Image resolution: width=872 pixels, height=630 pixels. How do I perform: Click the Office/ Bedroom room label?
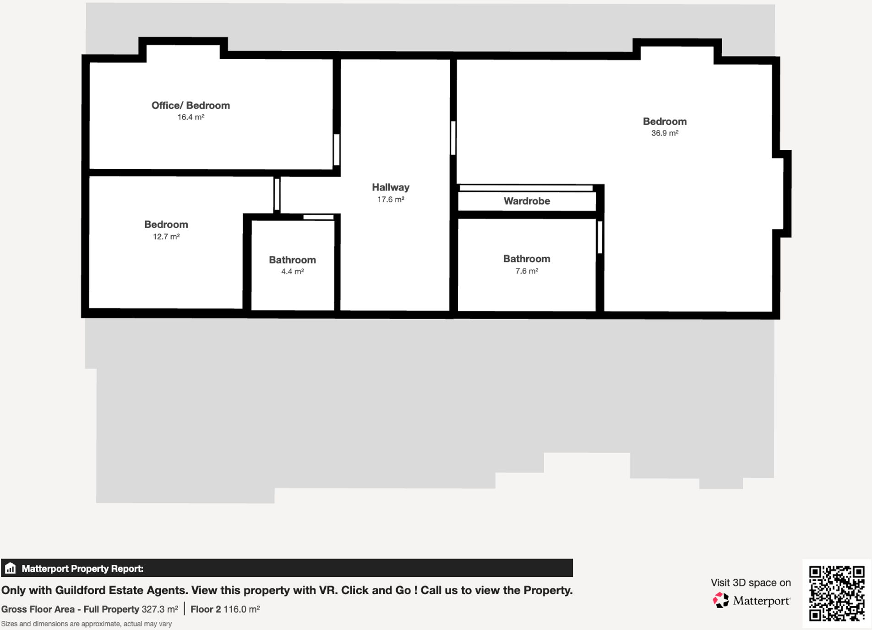[191, 105]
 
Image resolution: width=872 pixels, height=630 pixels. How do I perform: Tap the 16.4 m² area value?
[191, 117]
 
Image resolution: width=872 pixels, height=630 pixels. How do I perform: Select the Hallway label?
[390, 187]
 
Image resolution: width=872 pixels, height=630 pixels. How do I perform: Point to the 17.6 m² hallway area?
[390, 200]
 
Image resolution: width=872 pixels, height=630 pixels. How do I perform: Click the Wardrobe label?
[527, 201]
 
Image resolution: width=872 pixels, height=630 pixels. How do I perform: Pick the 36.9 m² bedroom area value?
[665, 133]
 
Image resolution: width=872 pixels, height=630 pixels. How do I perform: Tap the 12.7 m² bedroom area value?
[166, 237]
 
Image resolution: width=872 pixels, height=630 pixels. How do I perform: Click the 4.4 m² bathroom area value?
[292, 272]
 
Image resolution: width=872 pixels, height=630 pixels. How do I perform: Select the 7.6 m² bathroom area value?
[527, 271]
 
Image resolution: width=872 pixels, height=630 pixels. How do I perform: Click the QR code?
[836, 593]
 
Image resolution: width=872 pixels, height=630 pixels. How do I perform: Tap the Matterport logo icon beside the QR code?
[720, 600]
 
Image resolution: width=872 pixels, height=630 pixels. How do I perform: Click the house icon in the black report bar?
[10, 568]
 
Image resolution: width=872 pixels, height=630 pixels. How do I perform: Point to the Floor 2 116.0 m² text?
[225, 609]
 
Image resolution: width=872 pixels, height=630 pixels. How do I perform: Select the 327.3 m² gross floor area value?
[159, 609]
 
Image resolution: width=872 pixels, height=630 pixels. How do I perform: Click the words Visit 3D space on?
[750, 583]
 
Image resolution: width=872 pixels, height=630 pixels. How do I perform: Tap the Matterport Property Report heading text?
[82, 569]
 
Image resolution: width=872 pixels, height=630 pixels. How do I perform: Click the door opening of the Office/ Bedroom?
[337, 149]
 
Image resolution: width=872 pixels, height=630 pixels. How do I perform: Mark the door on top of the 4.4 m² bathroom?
[318, 217]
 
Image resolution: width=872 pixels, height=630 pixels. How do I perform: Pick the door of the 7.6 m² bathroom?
[600, 237]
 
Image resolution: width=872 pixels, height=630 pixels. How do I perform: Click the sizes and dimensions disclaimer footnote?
[86, 624]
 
